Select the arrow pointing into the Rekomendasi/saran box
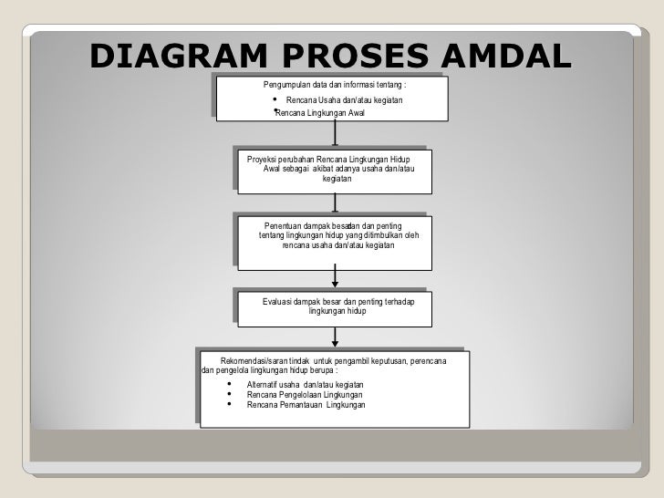[x=337, y=337]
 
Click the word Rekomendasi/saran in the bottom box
[x=254, y=361]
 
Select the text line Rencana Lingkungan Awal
[x=318, y=112]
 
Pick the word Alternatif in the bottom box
[x=254, y=385]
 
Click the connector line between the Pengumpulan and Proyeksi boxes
[x=336, y=134]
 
